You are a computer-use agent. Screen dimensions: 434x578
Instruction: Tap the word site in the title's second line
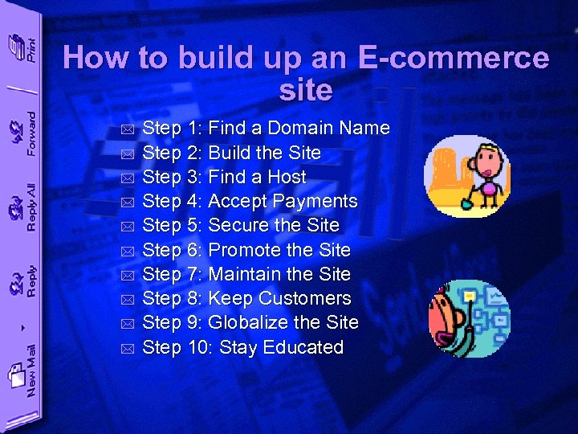tap(306, 90)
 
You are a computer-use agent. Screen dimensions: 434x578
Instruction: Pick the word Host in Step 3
tap(287, 177)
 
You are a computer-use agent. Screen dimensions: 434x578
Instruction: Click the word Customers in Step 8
tap(311, 298)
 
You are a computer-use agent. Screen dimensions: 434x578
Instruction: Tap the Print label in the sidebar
tap(31, 50)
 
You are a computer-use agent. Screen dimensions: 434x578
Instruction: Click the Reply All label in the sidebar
tap(31, 207)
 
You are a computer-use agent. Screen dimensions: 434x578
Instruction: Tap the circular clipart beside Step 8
tap(468, 318)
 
